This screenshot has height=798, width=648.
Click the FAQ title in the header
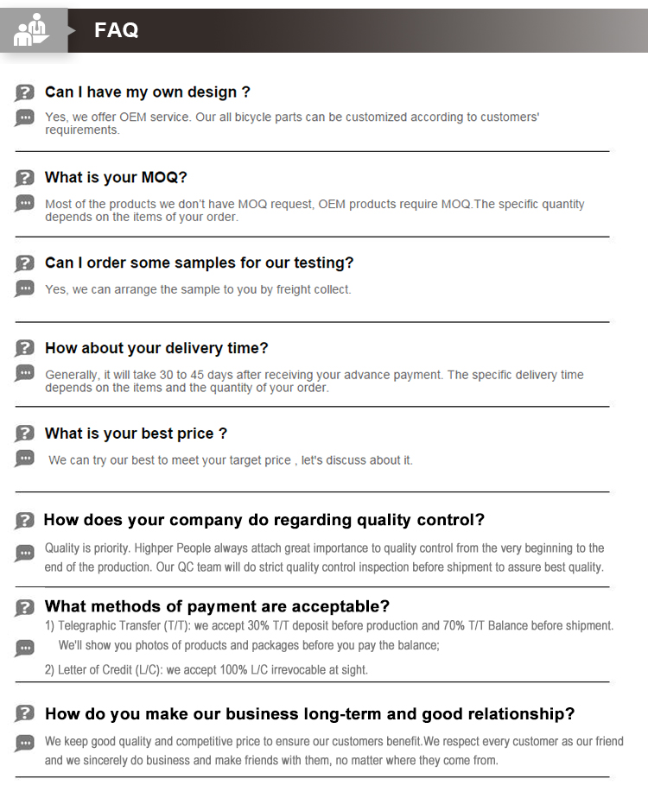116,30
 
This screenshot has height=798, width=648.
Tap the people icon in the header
32,29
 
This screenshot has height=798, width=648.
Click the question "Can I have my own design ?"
148,92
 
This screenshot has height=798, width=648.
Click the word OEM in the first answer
132,117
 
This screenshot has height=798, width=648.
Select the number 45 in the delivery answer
226,375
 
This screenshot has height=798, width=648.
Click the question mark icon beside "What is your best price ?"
24,434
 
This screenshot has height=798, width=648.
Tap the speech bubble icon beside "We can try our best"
24,459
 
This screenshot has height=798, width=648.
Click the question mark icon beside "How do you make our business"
24,714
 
